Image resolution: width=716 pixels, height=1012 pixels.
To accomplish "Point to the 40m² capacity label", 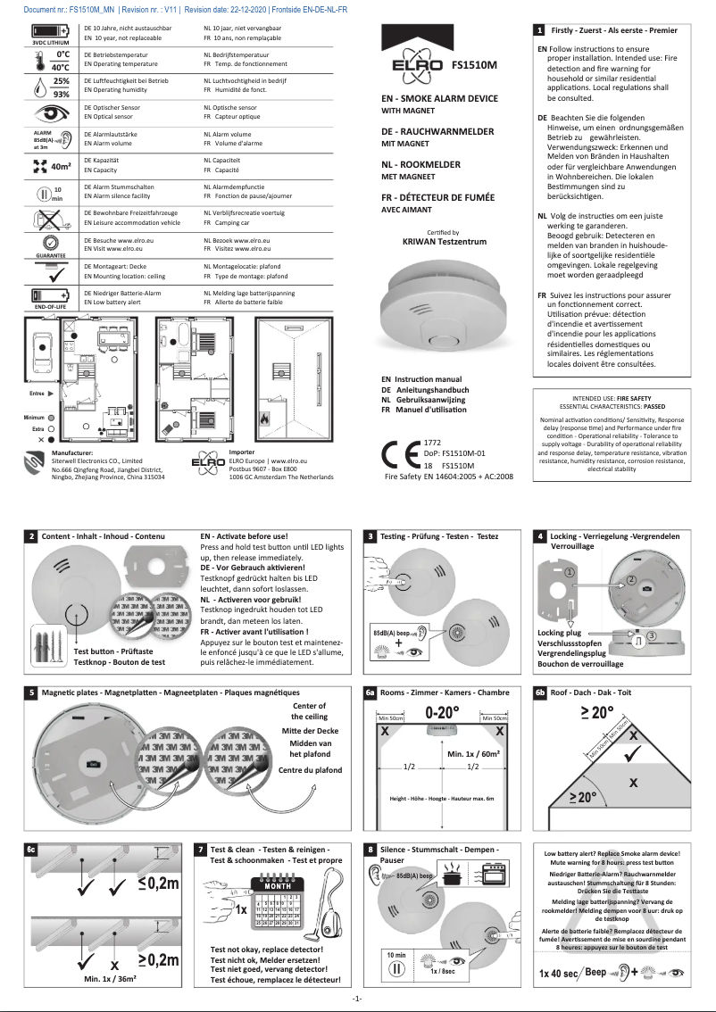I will (61, 166).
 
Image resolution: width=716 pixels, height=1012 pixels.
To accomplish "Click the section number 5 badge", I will (31, 693).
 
